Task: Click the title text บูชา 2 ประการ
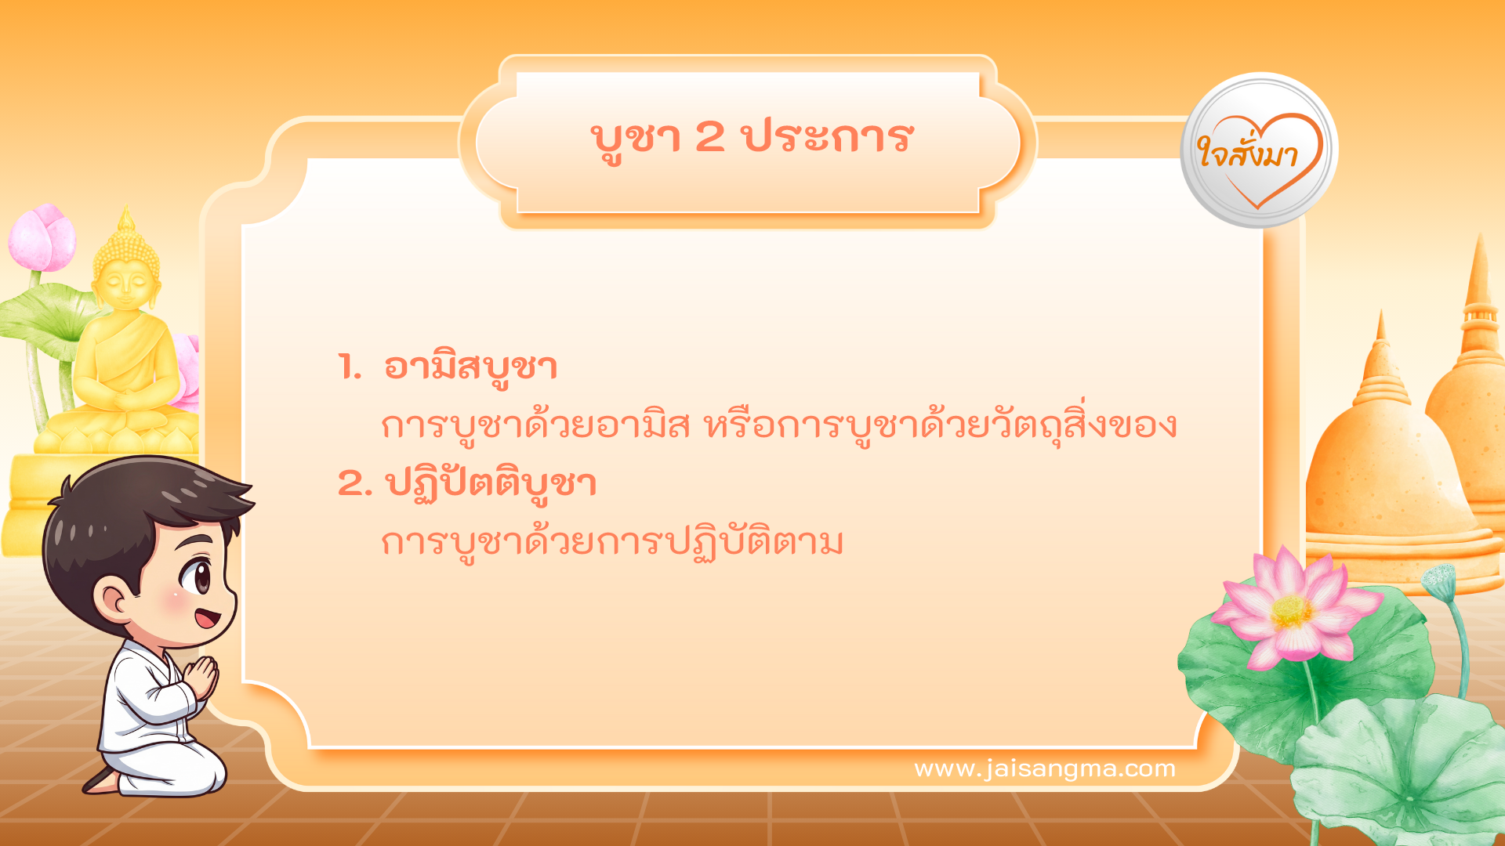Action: point(751,139)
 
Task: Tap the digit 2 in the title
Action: point(709,137)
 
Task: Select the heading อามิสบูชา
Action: point(470,367)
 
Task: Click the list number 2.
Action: point(354,483)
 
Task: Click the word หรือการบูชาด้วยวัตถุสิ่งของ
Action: point(941,425)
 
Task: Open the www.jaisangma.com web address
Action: point(1044,768)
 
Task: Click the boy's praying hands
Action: point(202,675)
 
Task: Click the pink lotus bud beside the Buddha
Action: point(43,237)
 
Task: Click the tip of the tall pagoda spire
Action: point(1480,239)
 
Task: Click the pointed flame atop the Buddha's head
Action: point(126,215)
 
